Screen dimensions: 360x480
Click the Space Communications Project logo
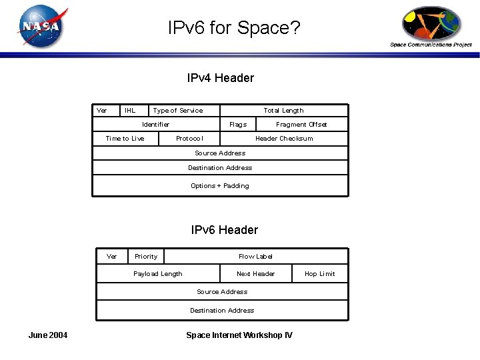pos(431,27)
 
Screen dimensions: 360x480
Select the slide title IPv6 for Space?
pos(234,28)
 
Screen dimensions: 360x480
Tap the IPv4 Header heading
pos(221,78)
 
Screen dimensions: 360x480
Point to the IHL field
pos(130,111)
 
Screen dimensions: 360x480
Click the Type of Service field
pos(178,111)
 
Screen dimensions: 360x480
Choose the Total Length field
pos(283,111)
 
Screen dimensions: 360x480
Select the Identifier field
pos(156,125)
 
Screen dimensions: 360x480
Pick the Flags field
pos(238,125)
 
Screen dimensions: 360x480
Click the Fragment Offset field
pos(301,125)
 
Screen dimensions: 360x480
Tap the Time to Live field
pos(125,139)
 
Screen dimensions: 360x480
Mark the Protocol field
pos(189,139)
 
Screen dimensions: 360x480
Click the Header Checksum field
pos(284,139)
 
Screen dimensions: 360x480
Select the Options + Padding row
pos(220,186)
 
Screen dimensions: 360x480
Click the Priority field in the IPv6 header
pos(146,257)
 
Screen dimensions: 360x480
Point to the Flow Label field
pos(256,257)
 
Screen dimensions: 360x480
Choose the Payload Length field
pos(158,274)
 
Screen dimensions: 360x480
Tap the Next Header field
pos(256,274)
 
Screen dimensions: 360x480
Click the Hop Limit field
pos(320,274)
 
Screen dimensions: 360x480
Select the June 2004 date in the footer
pos(47,335)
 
